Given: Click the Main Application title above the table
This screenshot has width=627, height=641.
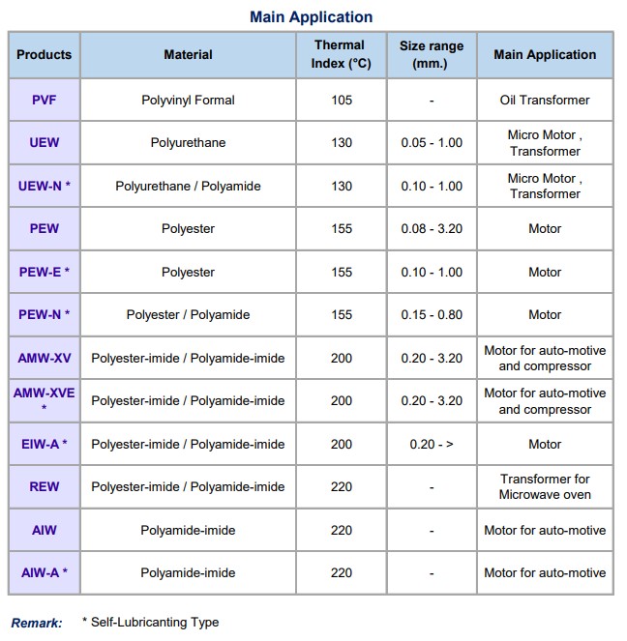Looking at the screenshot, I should coord(311,16).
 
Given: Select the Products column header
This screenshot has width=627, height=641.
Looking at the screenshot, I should coord(45,55).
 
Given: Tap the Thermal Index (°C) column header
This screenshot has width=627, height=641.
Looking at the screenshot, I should coord(341,55).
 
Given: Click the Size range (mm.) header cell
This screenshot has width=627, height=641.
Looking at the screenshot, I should coord(431,55).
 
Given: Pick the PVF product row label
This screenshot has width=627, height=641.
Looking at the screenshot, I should coord(45,100).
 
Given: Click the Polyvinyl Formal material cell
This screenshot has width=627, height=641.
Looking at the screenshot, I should coord(188,100).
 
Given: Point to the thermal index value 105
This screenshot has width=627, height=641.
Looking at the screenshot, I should coord(341,100).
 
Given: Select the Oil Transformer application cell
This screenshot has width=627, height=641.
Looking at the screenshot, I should coord(545,100).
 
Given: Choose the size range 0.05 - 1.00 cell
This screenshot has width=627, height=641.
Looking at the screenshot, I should coord(432,143).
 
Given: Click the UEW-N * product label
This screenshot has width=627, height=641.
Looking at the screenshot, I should coord(45,186).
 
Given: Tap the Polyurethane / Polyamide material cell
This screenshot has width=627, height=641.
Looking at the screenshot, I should coord(188,186).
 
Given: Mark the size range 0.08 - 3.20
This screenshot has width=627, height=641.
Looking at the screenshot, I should coord(432,229).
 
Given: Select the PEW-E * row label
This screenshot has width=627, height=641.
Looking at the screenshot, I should coord(45,272).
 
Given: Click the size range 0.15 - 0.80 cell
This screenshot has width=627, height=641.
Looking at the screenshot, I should coord(432,314).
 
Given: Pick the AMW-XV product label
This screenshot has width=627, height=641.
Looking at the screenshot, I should coord(45,358).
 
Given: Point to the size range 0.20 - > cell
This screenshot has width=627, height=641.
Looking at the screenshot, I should coord(432,444).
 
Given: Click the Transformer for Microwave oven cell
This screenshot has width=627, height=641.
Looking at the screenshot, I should coord(545,486).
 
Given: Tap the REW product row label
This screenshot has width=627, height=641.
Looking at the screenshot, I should coord(45,486).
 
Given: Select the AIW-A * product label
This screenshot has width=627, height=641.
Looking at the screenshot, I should coord(45,572).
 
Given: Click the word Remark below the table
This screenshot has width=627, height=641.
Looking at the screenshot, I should coord(37,623).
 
